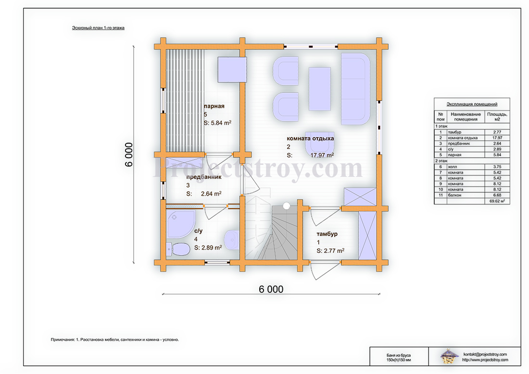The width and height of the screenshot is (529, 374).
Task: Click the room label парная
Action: click(214, 106)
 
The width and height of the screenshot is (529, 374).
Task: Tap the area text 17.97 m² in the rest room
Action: click(322, 155)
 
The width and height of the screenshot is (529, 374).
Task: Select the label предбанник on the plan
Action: click(204, 177)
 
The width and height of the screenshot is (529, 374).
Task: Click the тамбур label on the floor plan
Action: click(327, 234)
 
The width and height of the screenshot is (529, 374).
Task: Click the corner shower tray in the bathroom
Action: click(180, 224)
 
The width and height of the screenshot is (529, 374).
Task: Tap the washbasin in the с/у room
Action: click(232, 240)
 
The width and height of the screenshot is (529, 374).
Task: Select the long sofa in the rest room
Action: click(355, 89)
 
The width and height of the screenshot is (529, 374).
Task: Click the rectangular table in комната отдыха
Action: click(319, 89)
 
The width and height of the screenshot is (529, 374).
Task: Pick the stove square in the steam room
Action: click(232, 70)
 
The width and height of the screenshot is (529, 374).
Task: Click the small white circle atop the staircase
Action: click(287, 205)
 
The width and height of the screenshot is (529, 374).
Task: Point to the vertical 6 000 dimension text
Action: click(129, 154)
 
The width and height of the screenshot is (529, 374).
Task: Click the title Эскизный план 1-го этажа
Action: click(98, 28)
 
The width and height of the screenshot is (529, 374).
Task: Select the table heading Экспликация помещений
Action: click(472, 104)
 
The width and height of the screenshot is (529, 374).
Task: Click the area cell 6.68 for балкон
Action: click(497, 195)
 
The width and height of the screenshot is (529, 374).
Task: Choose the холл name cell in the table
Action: click(453, 167)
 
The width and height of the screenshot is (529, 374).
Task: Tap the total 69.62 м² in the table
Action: click(497, 200)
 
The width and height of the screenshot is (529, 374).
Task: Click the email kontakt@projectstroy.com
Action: click(485, 354)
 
